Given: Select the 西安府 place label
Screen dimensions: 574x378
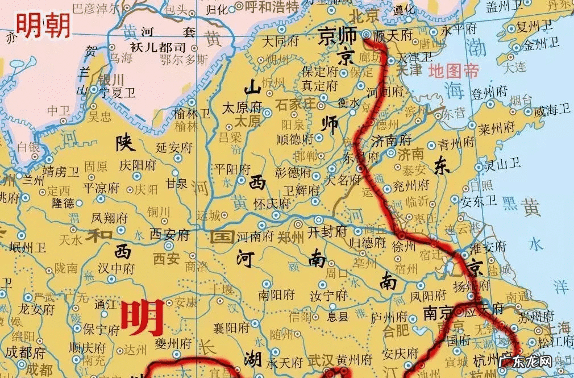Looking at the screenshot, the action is coord(169,233).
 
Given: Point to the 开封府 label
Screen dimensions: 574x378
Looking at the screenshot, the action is coord(327,231).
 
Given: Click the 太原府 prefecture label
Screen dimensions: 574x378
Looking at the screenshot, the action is coord(242,107).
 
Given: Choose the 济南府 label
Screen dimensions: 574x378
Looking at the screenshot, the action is coord(391,139).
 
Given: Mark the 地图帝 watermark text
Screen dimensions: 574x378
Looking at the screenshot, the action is coord(454,71).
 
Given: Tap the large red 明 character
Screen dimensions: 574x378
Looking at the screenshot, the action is coord(143,318).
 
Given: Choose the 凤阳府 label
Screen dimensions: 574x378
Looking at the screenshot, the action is coord(427,296).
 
